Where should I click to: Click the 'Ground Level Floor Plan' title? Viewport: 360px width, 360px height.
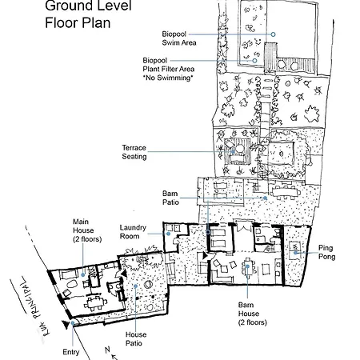(x=88, y=14)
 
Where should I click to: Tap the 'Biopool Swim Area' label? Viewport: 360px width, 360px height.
(x=179, y=38)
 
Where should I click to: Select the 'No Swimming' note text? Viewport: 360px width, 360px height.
(x=168, y=78)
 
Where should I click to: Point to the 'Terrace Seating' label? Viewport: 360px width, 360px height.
(x=134, y=152)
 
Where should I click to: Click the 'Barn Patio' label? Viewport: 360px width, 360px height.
(x=170, y=198)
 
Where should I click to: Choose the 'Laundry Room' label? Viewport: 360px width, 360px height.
(x=133, y=232)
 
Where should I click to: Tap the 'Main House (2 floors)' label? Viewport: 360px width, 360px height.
(x=87, y=230)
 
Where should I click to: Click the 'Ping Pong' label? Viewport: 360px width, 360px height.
(x=326, y=252)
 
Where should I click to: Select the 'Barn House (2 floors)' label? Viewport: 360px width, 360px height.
(x=252, y=314)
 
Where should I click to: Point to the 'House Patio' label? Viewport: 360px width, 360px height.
(x=136, y=338)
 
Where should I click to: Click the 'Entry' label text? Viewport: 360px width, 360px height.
(x=71, y=352)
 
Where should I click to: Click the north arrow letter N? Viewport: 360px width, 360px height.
(x=107, y=350)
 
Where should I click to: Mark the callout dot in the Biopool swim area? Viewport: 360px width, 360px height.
(x=273, y=34)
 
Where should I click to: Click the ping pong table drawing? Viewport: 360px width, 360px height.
(x=294, y=250)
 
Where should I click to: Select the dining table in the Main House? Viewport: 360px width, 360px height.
(x=95, y=303)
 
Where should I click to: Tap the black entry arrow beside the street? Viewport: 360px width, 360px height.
(x=65, y=325)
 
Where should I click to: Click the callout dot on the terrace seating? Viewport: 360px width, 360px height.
(x=233, y=152)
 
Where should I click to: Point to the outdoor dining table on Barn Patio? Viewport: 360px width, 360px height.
(x=285, y=192)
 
